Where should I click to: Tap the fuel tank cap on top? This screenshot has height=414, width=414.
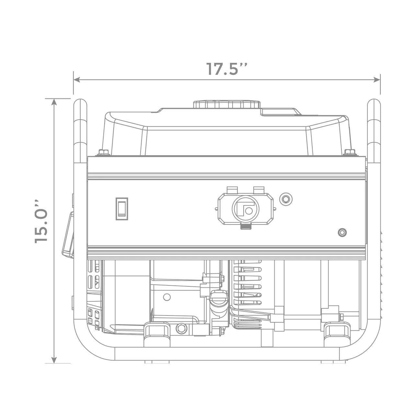pyautogui.click(x=227, y=104)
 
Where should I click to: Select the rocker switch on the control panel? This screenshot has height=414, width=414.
pyautogui.click(x=122, y=209)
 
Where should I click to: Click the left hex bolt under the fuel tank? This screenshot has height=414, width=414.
pyautogui.click(x=103, y=152)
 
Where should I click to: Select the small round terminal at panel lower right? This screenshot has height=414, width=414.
pyautogui.click(x=342, y=232)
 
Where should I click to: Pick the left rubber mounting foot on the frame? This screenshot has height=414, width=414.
pyautogui.click(x=157, y=334)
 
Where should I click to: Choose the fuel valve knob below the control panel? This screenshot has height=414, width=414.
pyautogui.click(x=218, y=299)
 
